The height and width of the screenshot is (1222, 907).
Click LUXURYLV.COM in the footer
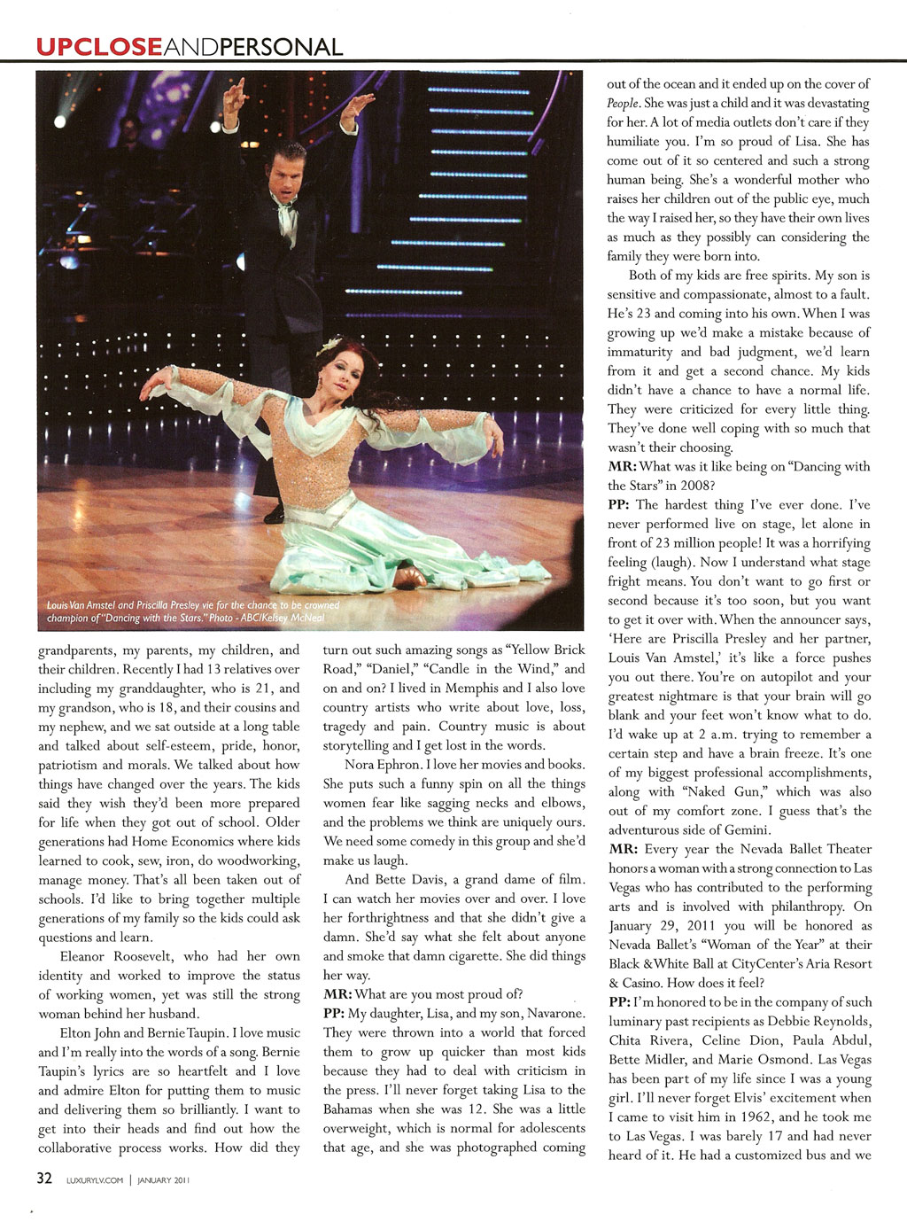pyautogui.click(x=95, y=1179)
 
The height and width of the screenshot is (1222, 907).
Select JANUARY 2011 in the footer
pyautogui.click(x=163, y=1179)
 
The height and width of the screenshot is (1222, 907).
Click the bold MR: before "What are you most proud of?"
pyautogui.click(x=337, y=993)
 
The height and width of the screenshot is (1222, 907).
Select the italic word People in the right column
pyautogui.click(x=623, y=103)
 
